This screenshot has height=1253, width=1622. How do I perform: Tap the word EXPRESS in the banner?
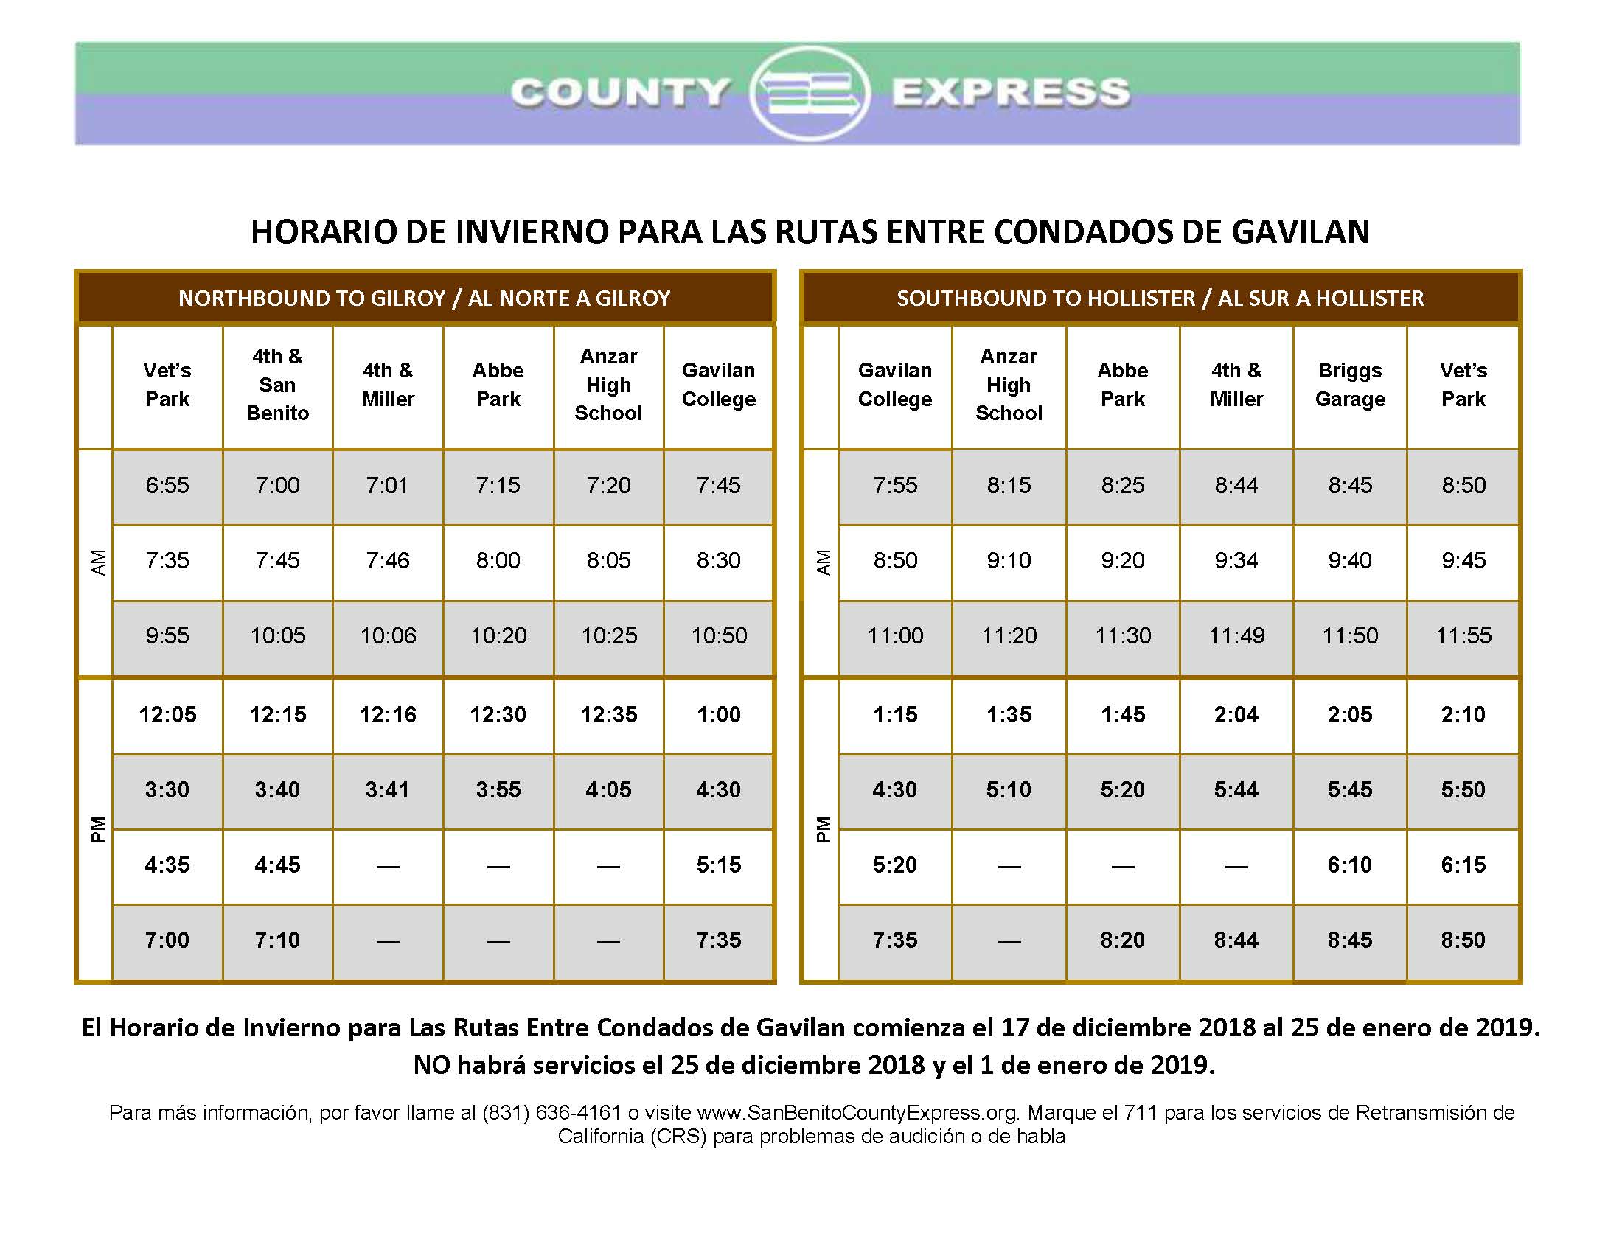tap(1012, 93)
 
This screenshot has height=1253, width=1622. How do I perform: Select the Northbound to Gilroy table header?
tap(425, 298)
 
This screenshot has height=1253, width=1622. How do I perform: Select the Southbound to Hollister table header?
tap(1160, 298)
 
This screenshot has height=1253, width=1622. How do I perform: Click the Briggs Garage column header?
tap(1350, 385)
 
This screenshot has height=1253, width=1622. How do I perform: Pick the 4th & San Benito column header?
tap(278, 385)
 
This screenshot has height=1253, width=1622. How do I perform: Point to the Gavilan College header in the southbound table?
tap(895, 385)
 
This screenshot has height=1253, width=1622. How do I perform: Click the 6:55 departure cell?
tap(167, 486)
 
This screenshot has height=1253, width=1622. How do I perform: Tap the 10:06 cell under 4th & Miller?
tap(388, 636)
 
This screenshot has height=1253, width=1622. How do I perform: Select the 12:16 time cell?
tap(388, 715)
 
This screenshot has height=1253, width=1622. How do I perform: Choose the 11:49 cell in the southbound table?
tap(1236, 636)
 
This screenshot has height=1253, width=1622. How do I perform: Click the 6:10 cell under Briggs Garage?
tap(1350, 865)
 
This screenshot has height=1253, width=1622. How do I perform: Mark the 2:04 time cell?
tap(1236, 715)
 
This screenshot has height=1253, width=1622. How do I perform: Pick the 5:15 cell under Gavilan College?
tap(719, 865)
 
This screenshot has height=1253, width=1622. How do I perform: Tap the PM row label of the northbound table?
tap(97, 830)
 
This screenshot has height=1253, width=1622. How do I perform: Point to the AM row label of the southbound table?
tap(823, 562)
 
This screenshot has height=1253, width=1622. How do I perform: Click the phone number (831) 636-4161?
tap(551, 1113)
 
